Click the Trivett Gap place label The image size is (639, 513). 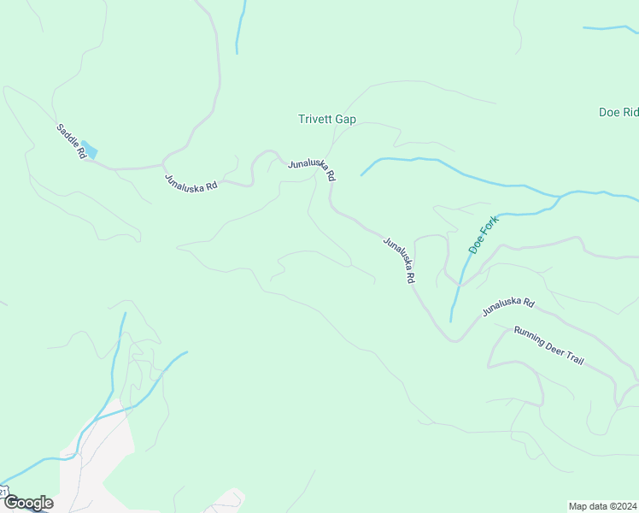(x=327, y=120)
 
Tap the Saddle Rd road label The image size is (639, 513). (x=72, y=141)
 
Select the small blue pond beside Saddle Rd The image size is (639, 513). (x=90, y=150)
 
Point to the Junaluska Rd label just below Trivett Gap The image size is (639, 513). (x=313, y=169)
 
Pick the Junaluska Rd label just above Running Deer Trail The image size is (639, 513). (x=507, y=307)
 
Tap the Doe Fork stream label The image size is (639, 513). (x=483, y=233)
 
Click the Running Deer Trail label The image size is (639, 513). (x=548, y=345)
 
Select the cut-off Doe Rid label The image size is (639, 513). (x=619, y=113)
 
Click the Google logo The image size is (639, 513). (x=28, y=503)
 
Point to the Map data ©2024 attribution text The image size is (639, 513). (x=603, y=506)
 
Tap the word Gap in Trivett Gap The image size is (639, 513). (x=345, y=120)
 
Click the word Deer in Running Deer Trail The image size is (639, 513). (x=550, y=346)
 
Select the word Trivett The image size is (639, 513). (x=315, y=120)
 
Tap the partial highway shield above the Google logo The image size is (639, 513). (x=3, y=492)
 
